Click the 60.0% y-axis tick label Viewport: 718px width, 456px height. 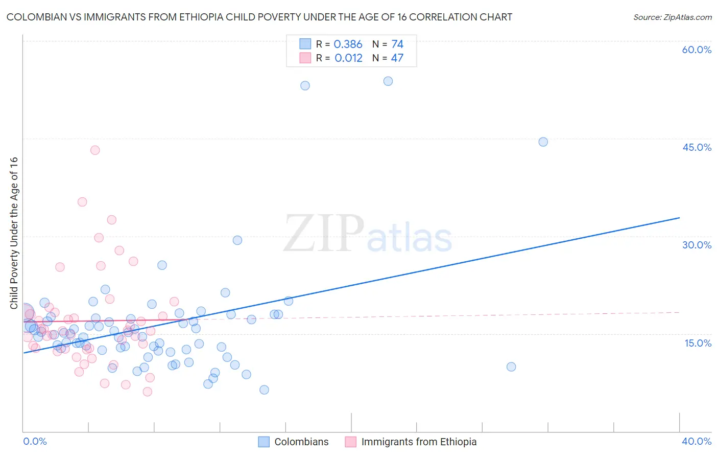pyautogui.click(x=697, y=50)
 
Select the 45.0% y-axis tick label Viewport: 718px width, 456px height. pyautogui.click(x=697, y=147)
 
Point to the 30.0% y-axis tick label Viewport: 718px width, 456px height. pyautogui.click(x=697, y=245)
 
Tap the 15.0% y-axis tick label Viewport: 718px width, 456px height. pyautogui.click(x=698, y=343)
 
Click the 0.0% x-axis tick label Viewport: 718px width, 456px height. pyautogui.click(x=35, y=441)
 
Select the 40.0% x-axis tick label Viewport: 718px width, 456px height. pyautogui.click(x=696, y=441)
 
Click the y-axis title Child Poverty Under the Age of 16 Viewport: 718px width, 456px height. pyautogui.click(x=14, y=233)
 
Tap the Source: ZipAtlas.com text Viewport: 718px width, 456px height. pyautogui.click(x=672, y=17)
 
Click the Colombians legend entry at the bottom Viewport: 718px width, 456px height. pyautogui.click(x=301, y=442)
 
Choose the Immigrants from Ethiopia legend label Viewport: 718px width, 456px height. pyautogui.click(x=419, y=442)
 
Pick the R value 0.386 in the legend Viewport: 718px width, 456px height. pyautogui.click(x=348, y=44)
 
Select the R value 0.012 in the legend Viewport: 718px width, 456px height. pyautogui.click(x=348, y=58)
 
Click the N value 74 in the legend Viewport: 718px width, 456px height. pyautogui.click(x=397, y=44)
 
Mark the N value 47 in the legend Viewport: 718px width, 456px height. pyautogui.click(x=397, y=58)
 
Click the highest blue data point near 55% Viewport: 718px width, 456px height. pyautogui.click(x=388, y=81)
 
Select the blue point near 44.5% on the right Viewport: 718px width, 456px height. pyautogui.click(x=543, y=142)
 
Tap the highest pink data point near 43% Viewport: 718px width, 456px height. pyautogui.click(x=95, y=150)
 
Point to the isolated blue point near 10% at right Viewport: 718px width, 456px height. pyautogui.click(x=511, y=367)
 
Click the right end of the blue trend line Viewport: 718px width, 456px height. pyautogui.click(x=679, y=218)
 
